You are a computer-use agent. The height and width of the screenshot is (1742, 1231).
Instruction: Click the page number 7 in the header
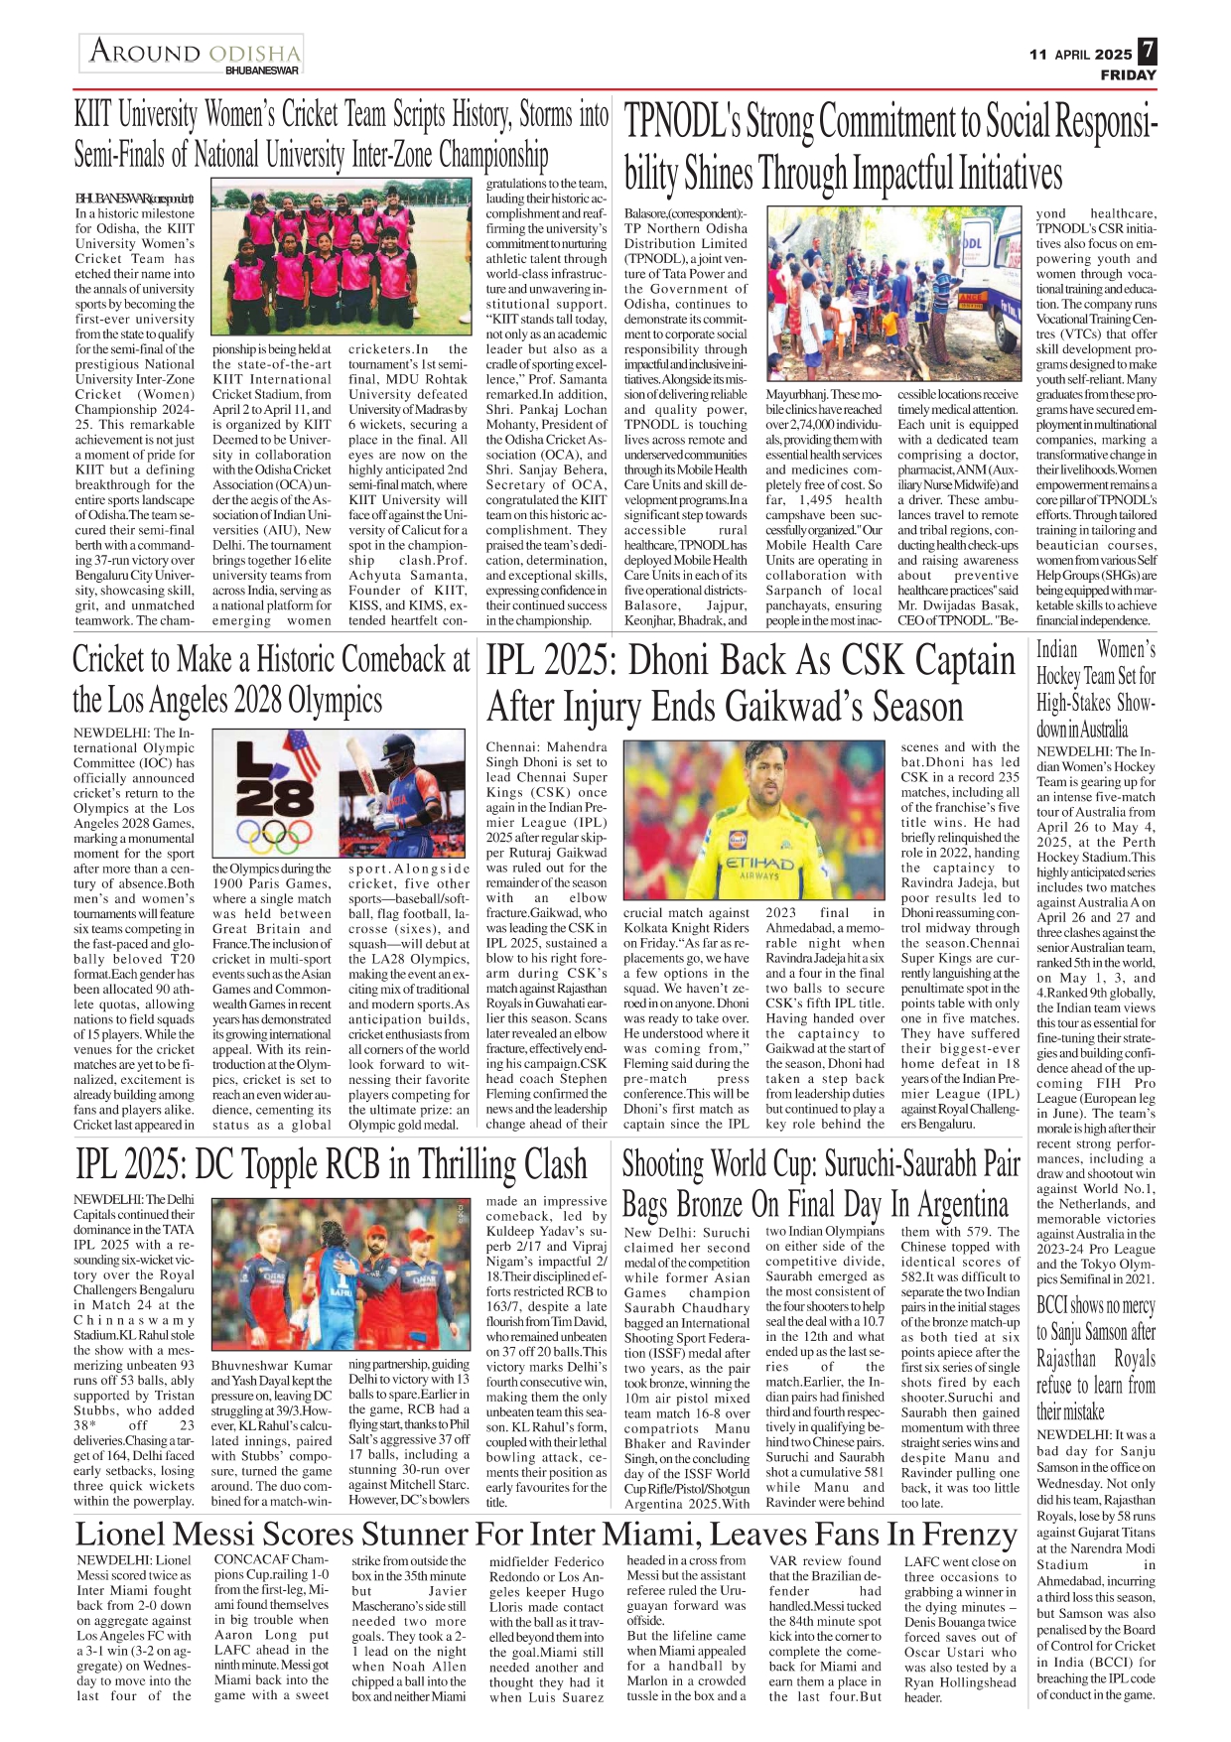[1147, 51]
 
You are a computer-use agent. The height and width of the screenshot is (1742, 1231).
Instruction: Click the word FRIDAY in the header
[1128, 75]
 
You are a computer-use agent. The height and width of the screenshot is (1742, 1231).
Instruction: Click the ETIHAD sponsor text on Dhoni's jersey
[759, 865]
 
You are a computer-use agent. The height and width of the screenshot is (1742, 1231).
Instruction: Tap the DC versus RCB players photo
[340, 1273]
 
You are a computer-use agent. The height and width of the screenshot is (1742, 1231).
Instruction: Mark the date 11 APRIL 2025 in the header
[1080, 55]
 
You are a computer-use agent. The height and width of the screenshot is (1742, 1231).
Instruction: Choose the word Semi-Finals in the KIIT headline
[130, 155]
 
